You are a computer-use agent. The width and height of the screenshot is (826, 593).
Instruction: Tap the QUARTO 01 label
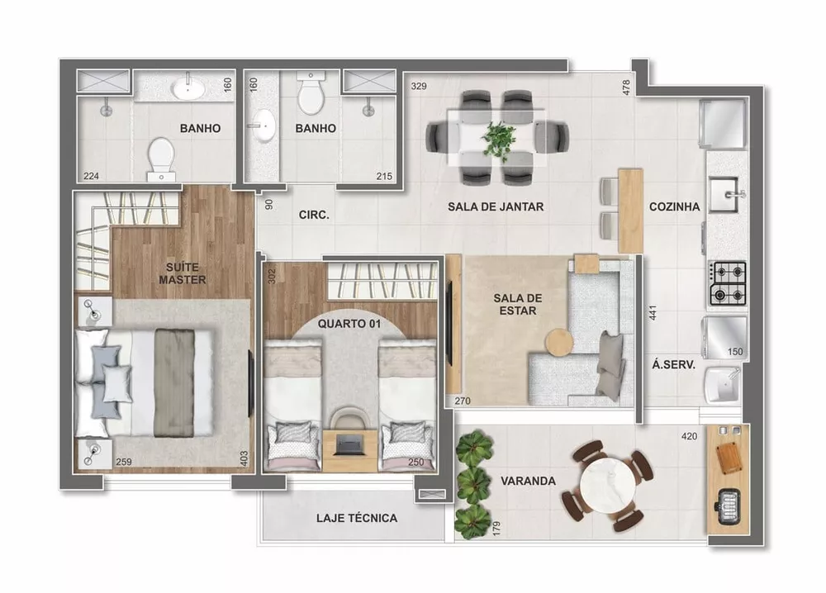pyautogui.click(x=349, y=324)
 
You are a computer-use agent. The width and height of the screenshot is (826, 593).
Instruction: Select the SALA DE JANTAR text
pyautogui.click(x=496, y=206)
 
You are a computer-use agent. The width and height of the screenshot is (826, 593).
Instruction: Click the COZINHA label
pyautogui.click(x=675, y=206)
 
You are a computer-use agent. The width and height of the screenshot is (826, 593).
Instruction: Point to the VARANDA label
pyautogui.click(x=527, y=481)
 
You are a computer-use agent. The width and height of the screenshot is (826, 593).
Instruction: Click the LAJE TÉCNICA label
pyautogui.click(x=357, y=519)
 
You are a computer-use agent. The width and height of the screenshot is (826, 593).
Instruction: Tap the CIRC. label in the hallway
pyautogui.click(x=314, y=215)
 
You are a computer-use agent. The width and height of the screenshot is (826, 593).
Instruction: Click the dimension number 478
pyautogui.click(x=626, y=87)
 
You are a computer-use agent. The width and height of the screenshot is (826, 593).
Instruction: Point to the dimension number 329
pyautogui.click(x=420, y=85)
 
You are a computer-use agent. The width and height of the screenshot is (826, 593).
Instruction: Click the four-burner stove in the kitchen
pyautogui.click(x=729, y=282)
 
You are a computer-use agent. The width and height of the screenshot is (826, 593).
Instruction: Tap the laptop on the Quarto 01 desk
pyautogui.click(x=349, y=443)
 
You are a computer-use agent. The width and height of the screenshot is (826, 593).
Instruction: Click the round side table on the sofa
pyautogui.click(x=559, y=342)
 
